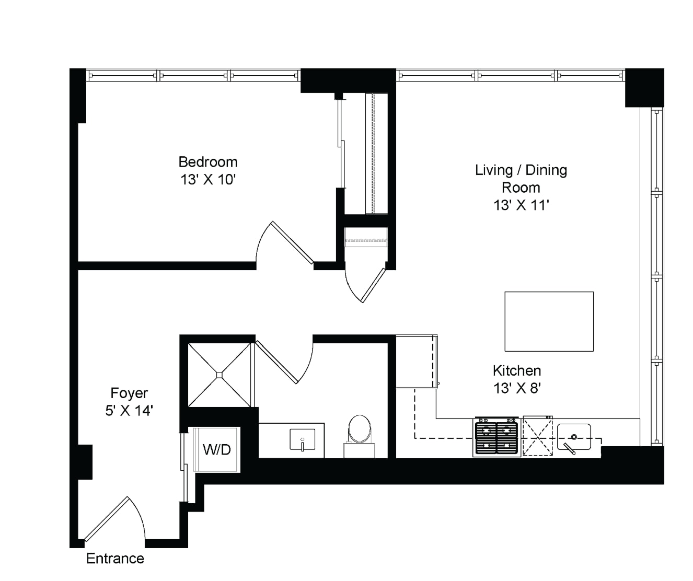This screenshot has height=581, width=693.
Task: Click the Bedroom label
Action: coord(208,162)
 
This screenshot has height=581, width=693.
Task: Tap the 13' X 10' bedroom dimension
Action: coord(208,180)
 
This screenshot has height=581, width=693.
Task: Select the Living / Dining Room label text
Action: coord(521,179)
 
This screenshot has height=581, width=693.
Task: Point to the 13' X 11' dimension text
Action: coord(521,205)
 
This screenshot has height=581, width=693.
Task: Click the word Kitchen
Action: coord(517,370)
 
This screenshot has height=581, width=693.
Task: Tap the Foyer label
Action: coord(129,393)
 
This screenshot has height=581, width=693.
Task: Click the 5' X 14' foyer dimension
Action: coord(129,411)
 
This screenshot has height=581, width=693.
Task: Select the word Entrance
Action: coord(115,559)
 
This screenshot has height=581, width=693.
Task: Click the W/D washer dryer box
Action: coord(216,450)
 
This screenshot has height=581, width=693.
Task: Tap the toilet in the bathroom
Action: coord(360,436)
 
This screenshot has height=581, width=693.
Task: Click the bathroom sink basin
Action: coord(303,439)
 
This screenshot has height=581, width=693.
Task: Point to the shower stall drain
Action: coord(219,375)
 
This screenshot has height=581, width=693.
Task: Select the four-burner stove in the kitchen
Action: coord(496,437)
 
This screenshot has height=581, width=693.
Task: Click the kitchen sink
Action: coord(574,438)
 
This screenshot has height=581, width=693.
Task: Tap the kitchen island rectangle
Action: coord(549,321)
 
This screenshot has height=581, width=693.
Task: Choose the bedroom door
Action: coord(285,243)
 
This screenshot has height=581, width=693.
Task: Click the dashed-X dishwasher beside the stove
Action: coord(538,436)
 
